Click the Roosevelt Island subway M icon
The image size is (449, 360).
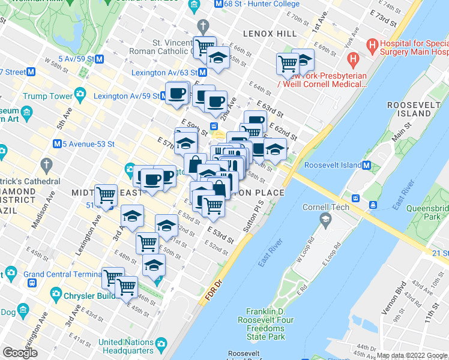tap(367, 165)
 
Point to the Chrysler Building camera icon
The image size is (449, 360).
tap(56, 295)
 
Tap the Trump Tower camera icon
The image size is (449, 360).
tap(80, 95)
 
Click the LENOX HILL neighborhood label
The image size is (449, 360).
tap(271, 34)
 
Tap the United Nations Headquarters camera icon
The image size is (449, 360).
tap(161, 343)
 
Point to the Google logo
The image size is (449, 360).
tap(20, 353)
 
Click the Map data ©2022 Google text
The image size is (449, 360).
tap(412, 355)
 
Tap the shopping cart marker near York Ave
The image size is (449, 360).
tap(288, 64)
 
